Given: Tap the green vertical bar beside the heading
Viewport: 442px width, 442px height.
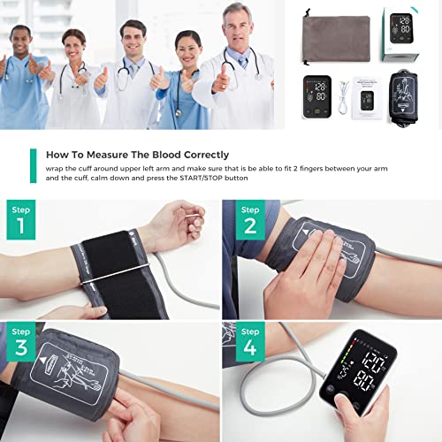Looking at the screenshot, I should (x=33, y=165).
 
